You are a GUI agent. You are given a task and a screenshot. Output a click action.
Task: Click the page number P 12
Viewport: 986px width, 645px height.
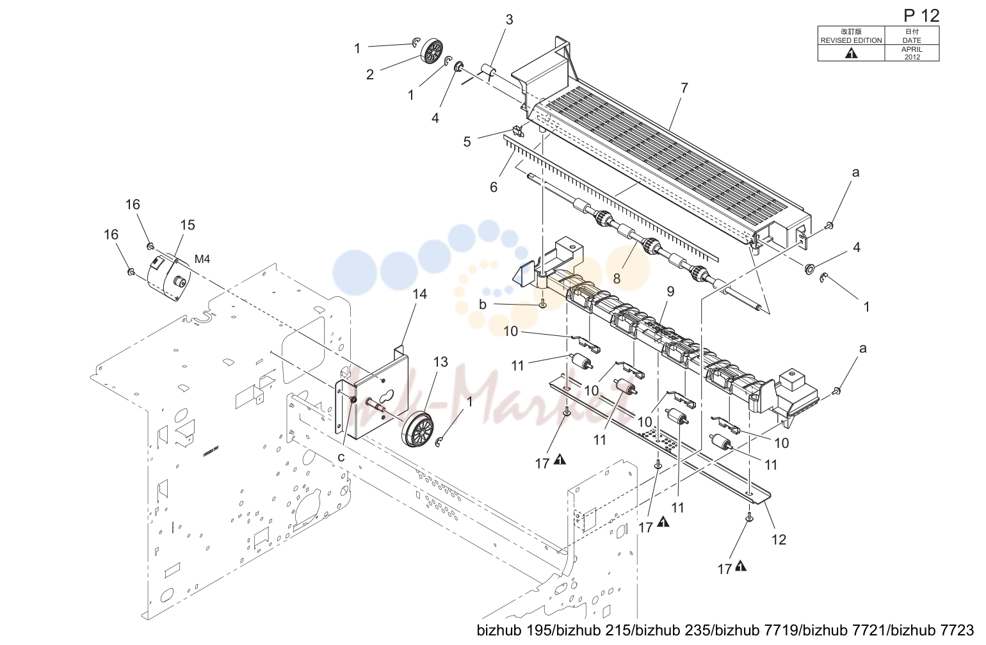[x=921, y=16]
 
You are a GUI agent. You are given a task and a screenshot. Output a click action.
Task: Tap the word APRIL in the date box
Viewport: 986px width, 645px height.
[x=912, y=49]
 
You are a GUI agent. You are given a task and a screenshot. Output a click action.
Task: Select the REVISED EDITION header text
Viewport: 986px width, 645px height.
[x=851, y=40]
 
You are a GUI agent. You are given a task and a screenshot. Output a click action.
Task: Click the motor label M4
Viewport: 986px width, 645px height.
[x=202, y=259]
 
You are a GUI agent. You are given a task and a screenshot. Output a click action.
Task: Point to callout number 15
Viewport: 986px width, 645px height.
[x=187, y=225]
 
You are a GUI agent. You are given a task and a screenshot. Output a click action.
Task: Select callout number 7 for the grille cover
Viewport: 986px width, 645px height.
[x=684, y=88]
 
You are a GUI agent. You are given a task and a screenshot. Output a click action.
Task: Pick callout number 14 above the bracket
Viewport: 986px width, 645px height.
[x=419, y=294]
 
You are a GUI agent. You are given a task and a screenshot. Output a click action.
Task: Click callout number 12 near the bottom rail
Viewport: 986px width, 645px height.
[x=779, y=539]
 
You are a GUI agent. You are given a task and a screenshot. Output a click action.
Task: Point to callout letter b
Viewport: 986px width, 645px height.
[x=483, y=305]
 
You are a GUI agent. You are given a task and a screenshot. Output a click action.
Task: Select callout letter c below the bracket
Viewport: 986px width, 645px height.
[x=341, y=458]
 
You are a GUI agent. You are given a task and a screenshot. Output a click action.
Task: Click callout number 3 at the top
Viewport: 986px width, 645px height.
[x=509, y=20]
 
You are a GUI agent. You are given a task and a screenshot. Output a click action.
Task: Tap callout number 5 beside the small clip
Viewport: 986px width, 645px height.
[x=467, y=141]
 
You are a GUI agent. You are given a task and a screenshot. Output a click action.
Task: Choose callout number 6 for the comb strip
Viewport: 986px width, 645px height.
[x=494, y=187]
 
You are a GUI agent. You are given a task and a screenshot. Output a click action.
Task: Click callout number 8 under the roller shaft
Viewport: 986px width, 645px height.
[x=617, y=278]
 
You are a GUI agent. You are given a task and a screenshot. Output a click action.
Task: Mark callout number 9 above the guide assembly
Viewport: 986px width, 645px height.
[x=670, y=291]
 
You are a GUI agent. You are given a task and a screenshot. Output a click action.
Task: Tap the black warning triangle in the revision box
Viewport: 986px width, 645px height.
[x=852, y=53]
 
